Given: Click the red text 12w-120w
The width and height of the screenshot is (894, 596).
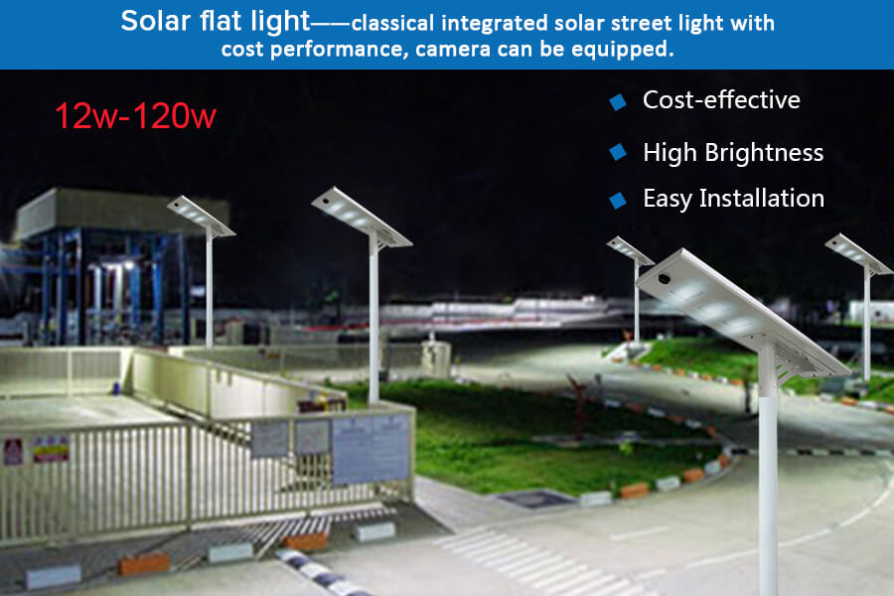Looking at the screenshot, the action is (x=136, y=116).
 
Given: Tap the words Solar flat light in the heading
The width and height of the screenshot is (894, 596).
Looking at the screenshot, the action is (x=215, y=21).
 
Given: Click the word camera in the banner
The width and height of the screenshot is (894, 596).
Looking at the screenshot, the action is (x=453, y=49).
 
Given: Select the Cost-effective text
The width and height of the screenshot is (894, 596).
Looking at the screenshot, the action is (x=721, y=99).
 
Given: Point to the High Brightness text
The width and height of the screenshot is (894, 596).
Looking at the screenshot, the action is (x=733, y=153).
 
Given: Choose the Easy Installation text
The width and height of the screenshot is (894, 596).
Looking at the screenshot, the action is (x=734, y=199).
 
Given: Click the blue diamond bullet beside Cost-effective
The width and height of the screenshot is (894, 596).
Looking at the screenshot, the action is (x=618, y=102).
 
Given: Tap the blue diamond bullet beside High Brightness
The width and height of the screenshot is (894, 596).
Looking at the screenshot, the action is (x=618, y=152).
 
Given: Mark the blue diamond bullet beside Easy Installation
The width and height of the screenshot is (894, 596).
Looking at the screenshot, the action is (x=618, y=201).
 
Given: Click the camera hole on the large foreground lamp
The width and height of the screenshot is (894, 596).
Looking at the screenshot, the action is (x=664, y=279).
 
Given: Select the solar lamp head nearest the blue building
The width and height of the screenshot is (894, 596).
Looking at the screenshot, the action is (x=201, y=217).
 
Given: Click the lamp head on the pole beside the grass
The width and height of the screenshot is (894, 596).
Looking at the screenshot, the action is (x=362, y=218).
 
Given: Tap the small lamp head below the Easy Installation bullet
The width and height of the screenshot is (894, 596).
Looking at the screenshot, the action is (x=630, y=251).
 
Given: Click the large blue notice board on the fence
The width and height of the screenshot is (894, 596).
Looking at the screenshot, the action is (x=371, y=450).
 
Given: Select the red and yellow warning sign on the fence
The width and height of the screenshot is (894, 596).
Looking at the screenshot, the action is (x=51, y=449).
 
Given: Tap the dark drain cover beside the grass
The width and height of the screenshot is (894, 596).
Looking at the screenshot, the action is (x=536, y=499).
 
